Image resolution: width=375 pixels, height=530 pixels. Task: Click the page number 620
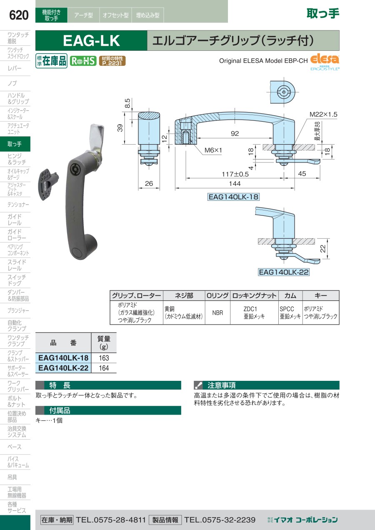pos(19,15)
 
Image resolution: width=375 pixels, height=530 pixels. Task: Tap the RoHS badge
pos(83,61)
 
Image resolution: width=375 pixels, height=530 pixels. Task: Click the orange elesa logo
pos(325,59)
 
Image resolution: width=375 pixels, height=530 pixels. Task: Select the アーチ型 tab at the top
pos(83,15)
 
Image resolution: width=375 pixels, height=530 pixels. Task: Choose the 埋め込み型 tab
pos(147,15)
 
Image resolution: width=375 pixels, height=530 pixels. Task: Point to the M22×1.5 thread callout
pos(323,115)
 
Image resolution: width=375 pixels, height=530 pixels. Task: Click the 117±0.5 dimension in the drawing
pos(235,175)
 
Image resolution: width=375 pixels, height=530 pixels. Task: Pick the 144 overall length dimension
pos(235,184)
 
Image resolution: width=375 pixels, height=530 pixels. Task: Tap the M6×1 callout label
pos(213,150)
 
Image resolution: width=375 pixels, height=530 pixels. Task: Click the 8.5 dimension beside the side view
pos(127,103)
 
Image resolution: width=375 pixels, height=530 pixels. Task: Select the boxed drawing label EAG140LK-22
pos(283,272)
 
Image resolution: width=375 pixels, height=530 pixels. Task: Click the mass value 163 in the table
pos(104,358)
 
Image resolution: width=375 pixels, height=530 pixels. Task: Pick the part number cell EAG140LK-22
pos(63,368)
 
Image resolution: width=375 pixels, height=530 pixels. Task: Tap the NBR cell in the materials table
pos(217,313)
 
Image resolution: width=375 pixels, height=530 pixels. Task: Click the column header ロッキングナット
pos(254,295)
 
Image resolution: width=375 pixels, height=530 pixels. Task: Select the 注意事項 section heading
pos(221,385)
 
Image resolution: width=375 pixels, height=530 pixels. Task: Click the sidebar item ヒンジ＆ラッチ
pos(17,159)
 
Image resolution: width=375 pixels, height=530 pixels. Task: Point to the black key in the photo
pos(48,184)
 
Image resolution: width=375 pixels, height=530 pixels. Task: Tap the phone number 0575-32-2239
pos(220,520)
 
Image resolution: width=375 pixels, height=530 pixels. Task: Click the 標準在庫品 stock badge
pos(51,61)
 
